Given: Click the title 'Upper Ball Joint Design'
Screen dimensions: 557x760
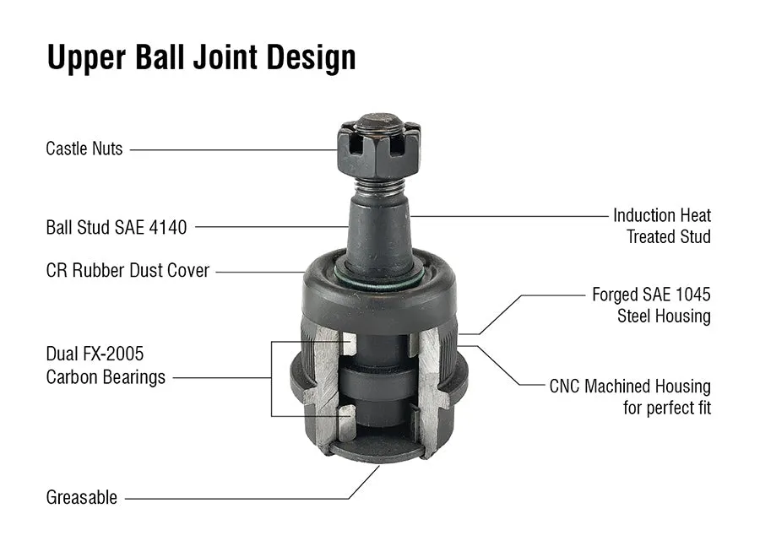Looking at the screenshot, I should [201, 57].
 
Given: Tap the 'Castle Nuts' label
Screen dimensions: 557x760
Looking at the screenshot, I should [84, 149].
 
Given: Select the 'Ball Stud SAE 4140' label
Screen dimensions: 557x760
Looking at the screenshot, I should [117, 227].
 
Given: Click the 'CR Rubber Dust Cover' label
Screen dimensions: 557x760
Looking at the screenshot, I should [128, 272].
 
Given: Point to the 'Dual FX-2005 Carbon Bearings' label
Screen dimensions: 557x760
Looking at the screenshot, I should [106, 365].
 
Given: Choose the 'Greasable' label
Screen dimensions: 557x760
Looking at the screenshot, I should [82, 498].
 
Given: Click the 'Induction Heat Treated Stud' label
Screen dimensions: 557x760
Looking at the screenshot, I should [662, 226].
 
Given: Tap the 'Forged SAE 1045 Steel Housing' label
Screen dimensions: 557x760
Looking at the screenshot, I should [651, 306].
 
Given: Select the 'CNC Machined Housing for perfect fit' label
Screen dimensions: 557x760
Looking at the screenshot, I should [630, 397].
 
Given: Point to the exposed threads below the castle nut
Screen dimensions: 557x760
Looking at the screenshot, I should [378, 185].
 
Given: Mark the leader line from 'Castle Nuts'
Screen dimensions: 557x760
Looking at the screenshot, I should [232, 150].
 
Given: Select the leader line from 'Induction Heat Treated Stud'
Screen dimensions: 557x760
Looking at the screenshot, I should [507, 216].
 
